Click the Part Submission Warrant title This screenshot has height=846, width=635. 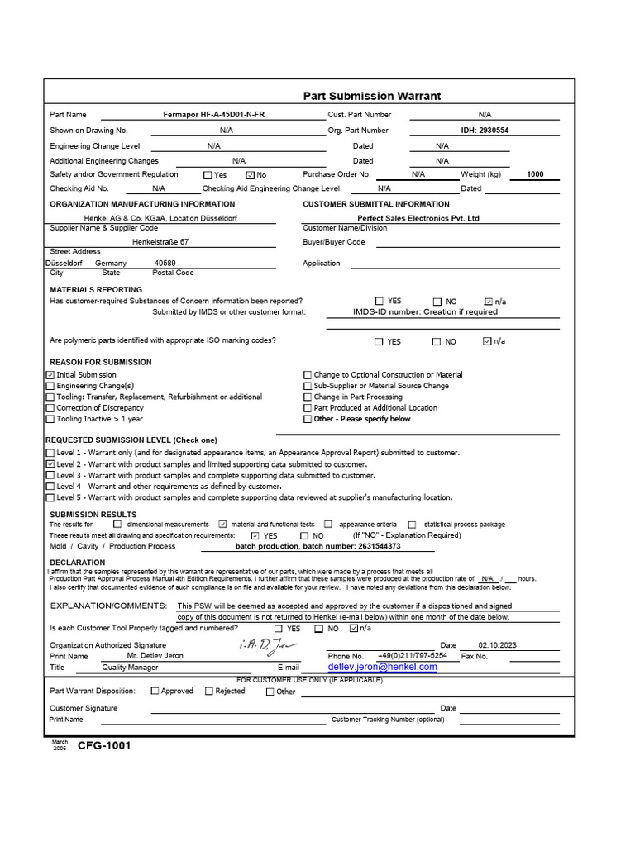(x=371, y=96)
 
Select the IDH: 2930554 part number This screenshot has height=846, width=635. (x=485, y=131)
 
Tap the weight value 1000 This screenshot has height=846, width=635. (x=535, y=175)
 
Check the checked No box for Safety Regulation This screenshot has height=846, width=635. (x=250, y=175)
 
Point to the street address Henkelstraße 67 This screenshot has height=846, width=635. (x=160, y=242)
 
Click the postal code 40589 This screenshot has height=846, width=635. (x=165, y=263)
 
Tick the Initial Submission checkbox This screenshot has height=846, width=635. (x=50, y=375)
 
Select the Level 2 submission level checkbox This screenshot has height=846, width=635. (x=50, y=465)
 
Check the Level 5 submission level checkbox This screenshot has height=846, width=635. (x=50, y=498)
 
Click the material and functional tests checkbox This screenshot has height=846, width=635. (x=222, y=525)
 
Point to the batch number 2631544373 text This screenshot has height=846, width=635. (x=317, y=546)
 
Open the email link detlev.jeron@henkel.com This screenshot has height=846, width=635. (x=382, y=667)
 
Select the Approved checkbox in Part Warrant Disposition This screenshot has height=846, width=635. (x=155, y=692)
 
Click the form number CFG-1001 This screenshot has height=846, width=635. (x=104, y=746)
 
